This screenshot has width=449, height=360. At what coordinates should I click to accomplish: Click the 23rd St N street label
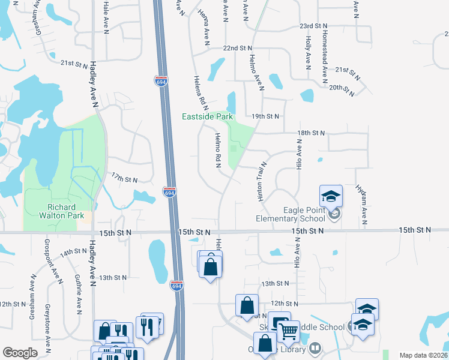[x=314, y=26]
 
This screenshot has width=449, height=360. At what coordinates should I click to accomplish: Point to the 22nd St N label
[x=238, y=47]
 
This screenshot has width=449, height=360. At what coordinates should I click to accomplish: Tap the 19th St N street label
[x=266, y=116]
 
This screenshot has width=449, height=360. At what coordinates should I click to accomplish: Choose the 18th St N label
[x=311, y=133]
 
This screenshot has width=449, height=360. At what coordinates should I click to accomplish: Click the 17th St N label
[x=124, y=179]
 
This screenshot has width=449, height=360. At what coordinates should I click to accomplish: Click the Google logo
[x=20, y=353]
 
